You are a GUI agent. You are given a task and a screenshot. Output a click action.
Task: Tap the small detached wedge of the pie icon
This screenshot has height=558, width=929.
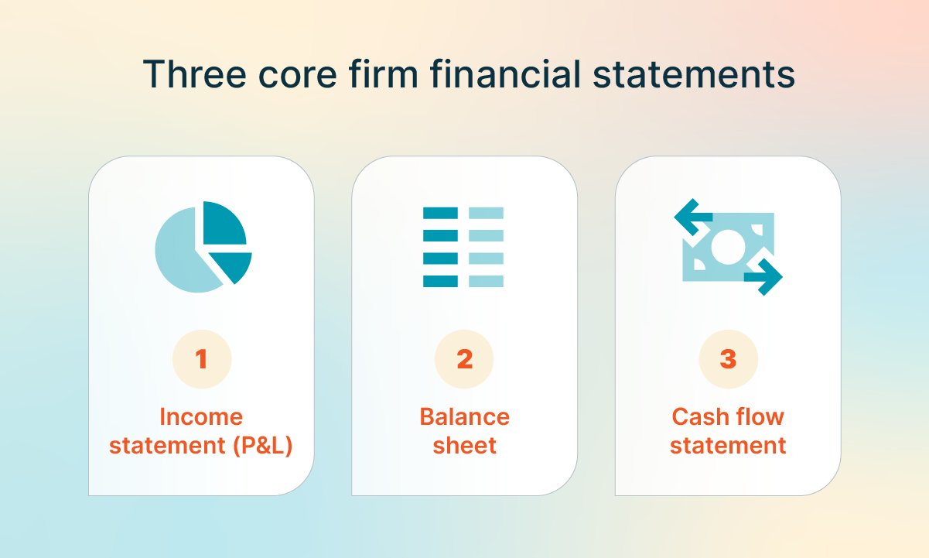pos(234,265)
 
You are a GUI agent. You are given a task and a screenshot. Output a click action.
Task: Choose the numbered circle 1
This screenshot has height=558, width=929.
pos(201,359)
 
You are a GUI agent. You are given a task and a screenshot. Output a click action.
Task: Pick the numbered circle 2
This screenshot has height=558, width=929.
pos(464,359)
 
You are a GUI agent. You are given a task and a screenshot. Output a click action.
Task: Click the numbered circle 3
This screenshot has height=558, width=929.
pos(728,359)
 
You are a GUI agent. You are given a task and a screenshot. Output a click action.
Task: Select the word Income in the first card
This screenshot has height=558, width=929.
pos(201,417)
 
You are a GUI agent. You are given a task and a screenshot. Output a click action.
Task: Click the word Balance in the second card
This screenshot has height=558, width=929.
pos(464,417)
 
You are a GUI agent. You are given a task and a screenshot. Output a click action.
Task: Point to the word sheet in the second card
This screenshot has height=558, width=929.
pos(464,447)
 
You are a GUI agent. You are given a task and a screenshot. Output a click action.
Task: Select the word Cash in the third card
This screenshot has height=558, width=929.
pos(695,417)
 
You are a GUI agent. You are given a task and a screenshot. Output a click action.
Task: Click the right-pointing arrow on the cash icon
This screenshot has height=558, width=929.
pos(764,276)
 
